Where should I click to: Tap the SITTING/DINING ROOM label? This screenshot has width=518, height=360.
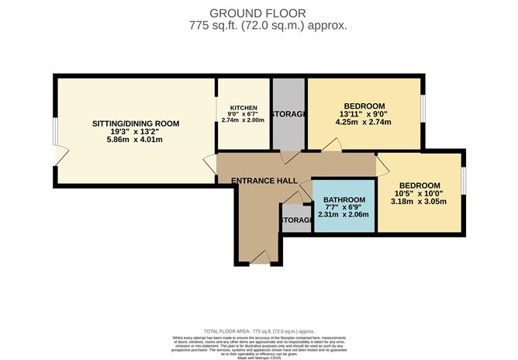coord(136,123)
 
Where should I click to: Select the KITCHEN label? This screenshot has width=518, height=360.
coord(243,108)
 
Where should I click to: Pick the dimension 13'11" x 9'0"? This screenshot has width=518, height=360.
coord(364,113)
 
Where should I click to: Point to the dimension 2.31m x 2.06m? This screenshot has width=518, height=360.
coord(343,214)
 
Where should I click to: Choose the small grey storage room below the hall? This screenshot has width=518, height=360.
coord(295,220)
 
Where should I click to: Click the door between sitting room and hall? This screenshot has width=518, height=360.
coord(211,164)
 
